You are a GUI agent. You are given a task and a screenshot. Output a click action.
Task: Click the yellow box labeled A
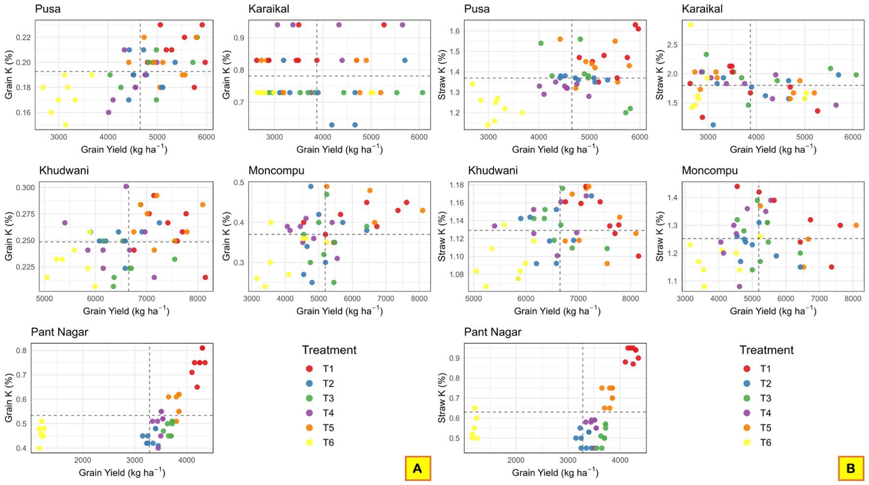click(x=417, y=468)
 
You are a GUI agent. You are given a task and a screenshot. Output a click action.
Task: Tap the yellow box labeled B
click(x=851, y=468)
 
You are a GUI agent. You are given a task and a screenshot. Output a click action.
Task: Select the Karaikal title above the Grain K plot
click(x=269, y=9)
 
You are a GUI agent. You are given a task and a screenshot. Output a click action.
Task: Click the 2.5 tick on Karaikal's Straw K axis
click(x=672, y=45)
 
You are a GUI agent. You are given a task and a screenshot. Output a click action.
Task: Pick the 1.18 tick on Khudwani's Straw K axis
click(x=458, y=185)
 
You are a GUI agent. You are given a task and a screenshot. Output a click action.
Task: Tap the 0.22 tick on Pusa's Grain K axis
click(x=23, y=37)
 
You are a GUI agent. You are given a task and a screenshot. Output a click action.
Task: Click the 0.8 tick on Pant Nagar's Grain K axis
click(x=21, y=350)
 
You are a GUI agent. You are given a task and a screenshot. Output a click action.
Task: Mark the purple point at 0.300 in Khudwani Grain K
click(x=126, y=187)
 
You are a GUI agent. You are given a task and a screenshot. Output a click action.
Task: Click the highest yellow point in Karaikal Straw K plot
click(x=690, y=25)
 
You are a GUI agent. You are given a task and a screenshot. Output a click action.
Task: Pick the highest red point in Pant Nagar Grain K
click(x=202, y=348)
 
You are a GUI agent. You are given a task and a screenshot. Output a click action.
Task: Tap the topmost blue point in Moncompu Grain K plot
click(x=310, y=187)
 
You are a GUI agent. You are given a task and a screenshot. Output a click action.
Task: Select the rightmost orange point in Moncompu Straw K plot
click(x=856, y=225)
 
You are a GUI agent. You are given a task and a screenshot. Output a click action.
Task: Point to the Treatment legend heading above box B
click(x=766, y=350)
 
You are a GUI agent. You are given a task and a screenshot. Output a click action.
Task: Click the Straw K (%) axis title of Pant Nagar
click(x=442, y=398)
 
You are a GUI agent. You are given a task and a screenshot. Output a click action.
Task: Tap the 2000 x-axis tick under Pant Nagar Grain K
click(x=82, y=460)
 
